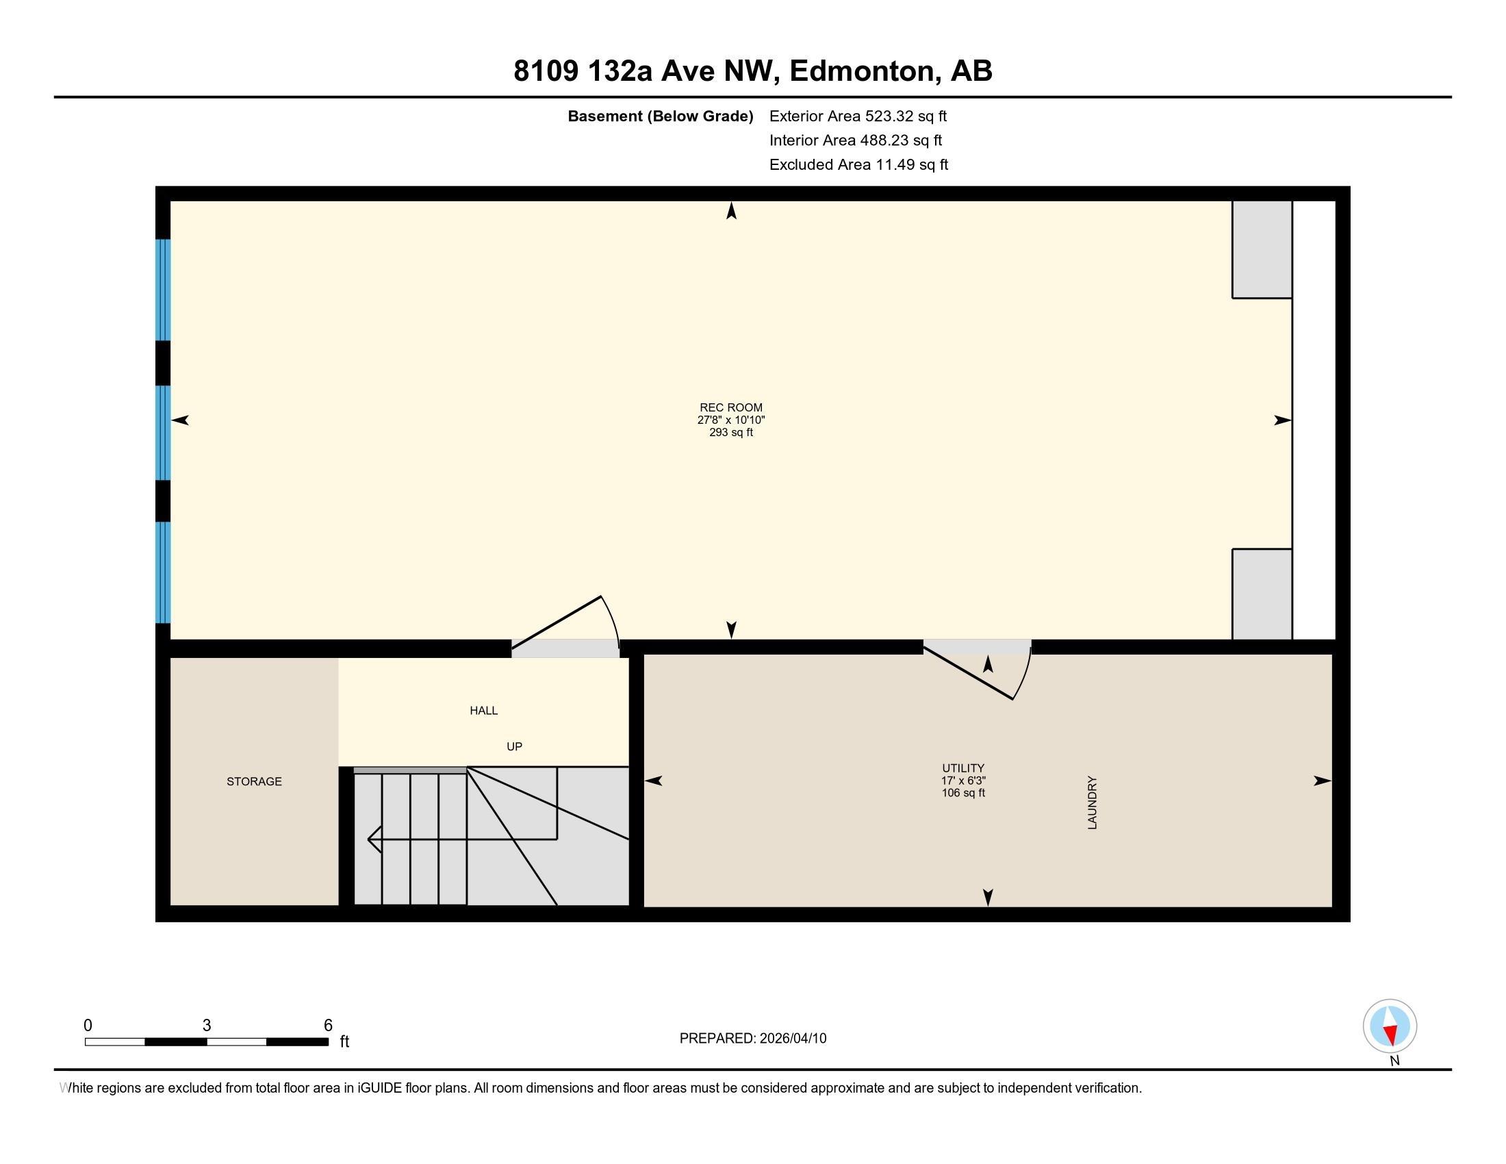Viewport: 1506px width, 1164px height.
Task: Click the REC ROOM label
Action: (731, 407)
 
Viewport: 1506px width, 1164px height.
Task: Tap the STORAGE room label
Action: (254, 781)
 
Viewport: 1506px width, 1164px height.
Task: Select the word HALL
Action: (483, 710)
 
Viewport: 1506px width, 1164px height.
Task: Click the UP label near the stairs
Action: (514, 746)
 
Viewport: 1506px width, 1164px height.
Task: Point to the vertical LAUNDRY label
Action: (1093, 802)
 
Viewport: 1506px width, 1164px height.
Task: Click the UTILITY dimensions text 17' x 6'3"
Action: (963, 781)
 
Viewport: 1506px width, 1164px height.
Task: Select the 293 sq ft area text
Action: (731, 432)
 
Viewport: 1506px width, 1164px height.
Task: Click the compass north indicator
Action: (1390, 1026)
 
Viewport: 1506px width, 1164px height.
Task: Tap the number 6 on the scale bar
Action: (328, 1025)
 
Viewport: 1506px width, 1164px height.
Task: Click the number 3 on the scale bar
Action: (207, 1025)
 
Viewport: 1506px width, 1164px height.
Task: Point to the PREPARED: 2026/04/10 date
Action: (752, 1039)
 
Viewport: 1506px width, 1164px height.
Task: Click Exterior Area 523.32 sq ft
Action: (858, 116)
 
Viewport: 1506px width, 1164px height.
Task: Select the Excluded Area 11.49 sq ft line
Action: (858, 164)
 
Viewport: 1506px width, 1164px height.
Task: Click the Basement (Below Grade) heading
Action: (660, 116)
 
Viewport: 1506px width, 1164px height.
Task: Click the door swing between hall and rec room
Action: (579, 624)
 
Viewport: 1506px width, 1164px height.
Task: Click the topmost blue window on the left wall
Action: (163, 290)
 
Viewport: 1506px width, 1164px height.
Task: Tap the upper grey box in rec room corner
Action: (1262, 250)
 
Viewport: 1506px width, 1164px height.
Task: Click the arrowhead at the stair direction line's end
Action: (372, 839)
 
